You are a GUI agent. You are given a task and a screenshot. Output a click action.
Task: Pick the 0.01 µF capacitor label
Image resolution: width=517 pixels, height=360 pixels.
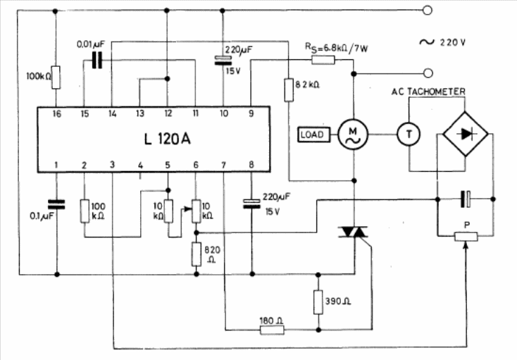point(91,44)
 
